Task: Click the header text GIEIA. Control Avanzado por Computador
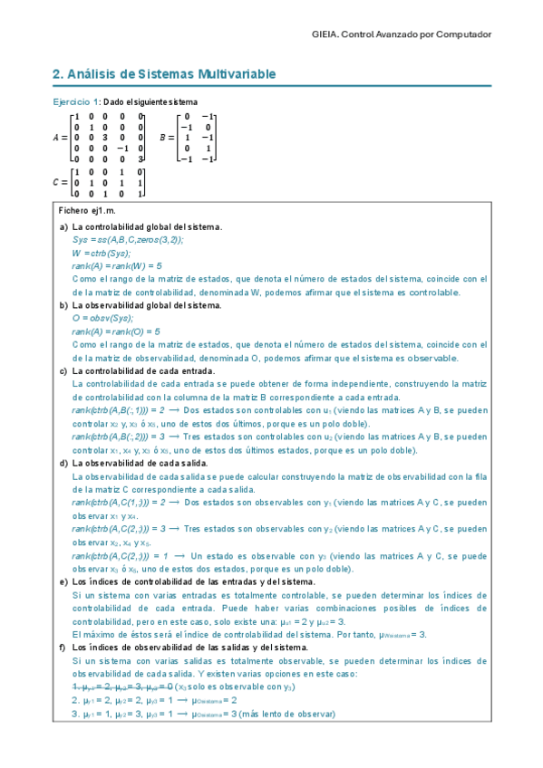[x=401, y=34]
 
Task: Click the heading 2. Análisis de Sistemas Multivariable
[x=163, y=73]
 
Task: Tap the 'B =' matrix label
[x=166, y=138]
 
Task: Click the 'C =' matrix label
[x=60, y=181]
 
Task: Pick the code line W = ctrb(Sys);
[x=102, y=254]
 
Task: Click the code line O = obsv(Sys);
[x=102, y=319]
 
